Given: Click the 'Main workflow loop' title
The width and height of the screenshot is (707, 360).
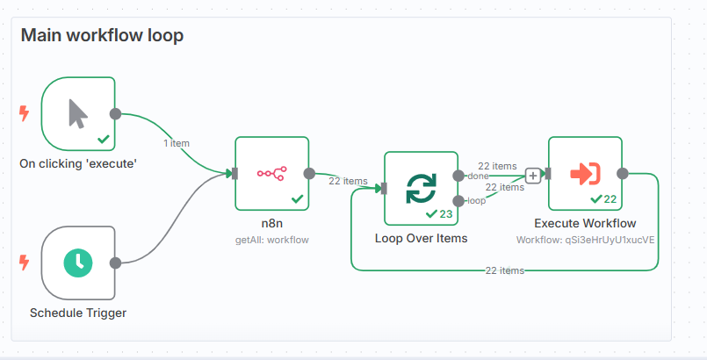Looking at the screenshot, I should pyautogui.click(x=101, y=36).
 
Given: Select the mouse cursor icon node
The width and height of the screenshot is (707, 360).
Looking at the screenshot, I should pyautogui.click(x=78, y=113).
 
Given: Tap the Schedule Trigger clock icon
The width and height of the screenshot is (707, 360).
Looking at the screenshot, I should pyautogui.click(x=78, y=262).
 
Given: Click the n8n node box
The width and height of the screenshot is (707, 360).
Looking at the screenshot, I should pyautogui.click(x=271, y=173).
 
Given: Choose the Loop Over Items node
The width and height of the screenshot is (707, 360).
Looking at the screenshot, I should pyautogui.click(x=421, y=188).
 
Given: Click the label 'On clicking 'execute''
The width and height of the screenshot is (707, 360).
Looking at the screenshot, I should pyautogui.click(x=78, y=163).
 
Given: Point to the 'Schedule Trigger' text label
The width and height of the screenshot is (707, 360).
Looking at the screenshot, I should pyautogui.click(x=78, y=313).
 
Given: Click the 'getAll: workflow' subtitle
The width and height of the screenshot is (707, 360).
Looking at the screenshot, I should pyautogui.click(x=271, y=239).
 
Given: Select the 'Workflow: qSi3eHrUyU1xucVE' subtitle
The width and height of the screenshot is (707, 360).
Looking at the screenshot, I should pyautogui.click(x=585, y=239).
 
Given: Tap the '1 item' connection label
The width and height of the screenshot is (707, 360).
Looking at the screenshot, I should pyautogui.click(x=177, y=143).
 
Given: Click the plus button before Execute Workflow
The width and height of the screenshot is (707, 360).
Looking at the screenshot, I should pyautogui.click(x=532, y=175).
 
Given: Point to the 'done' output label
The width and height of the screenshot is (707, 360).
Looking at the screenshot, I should pyautogui.click(x=478, y=176).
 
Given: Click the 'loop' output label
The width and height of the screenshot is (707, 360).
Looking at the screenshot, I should pyautogui.click(x=475, y=201).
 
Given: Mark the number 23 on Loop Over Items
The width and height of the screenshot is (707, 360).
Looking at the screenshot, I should pyautogui.click(x=445, y=213).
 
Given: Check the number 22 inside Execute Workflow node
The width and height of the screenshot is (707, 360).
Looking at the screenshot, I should pyautogui.click(x=610, y=198).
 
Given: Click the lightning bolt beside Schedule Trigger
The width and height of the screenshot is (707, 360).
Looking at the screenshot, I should pyautogui.click(x=24, y=262).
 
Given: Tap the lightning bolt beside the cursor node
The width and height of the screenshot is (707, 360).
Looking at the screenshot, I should pyautogui.click(x=24, y=113).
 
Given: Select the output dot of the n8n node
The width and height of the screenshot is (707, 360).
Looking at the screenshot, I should pyautogui.click(x=308, y=174).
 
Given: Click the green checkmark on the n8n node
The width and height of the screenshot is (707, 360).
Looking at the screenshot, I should pyautogui.click(x=297, y=198).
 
